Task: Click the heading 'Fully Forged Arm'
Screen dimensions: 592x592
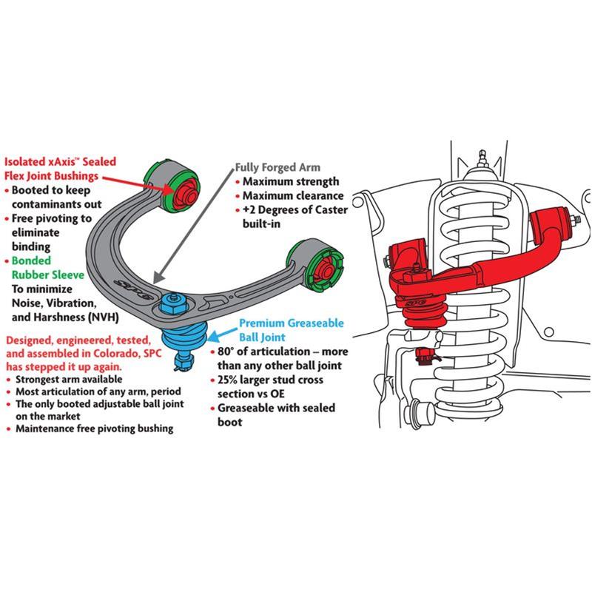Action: tap(277, 167)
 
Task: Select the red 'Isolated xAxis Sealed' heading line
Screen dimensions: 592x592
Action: tap(62, 161)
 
